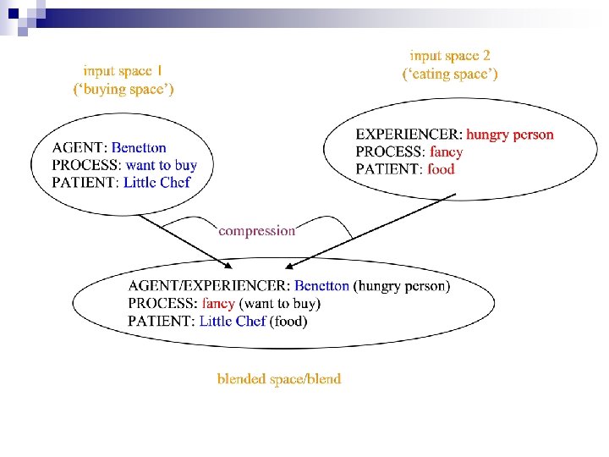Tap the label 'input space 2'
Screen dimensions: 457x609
450,56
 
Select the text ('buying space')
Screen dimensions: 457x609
123,88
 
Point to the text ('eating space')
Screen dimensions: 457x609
450,74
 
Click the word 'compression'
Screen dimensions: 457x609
257,230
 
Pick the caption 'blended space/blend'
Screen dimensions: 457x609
279,378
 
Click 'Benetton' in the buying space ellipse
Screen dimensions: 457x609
139,148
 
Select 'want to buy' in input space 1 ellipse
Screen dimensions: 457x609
161,165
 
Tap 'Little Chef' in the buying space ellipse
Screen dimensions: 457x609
156,182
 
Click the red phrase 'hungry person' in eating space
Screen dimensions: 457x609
510,134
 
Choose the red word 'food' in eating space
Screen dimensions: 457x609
441,169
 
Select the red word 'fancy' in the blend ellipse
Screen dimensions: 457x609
218,303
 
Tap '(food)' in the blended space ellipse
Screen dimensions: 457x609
288,321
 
